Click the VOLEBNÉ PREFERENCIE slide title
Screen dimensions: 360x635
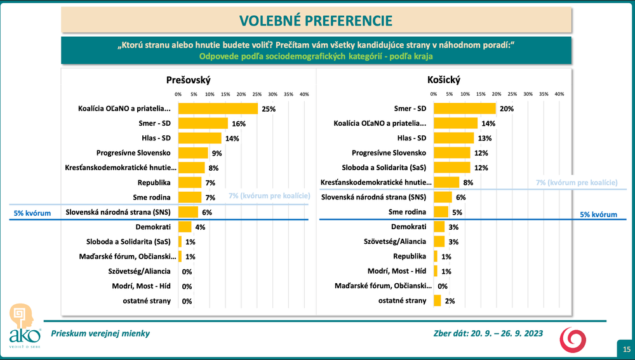coord(315,20)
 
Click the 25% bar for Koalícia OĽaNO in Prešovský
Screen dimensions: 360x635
coord(218,109)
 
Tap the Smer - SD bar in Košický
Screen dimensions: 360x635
coord(464,109)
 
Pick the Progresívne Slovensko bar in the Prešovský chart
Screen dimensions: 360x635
coord(193,153)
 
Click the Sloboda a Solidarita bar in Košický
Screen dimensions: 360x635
coord(451,168)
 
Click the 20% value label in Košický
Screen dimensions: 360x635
coord(506,109)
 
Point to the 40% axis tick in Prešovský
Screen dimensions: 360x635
coord(304,94)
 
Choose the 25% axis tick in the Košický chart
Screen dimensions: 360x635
coord(512,94)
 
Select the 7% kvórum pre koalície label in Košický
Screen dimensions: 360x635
coord(577,183)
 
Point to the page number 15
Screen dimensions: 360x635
coord(626,349)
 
